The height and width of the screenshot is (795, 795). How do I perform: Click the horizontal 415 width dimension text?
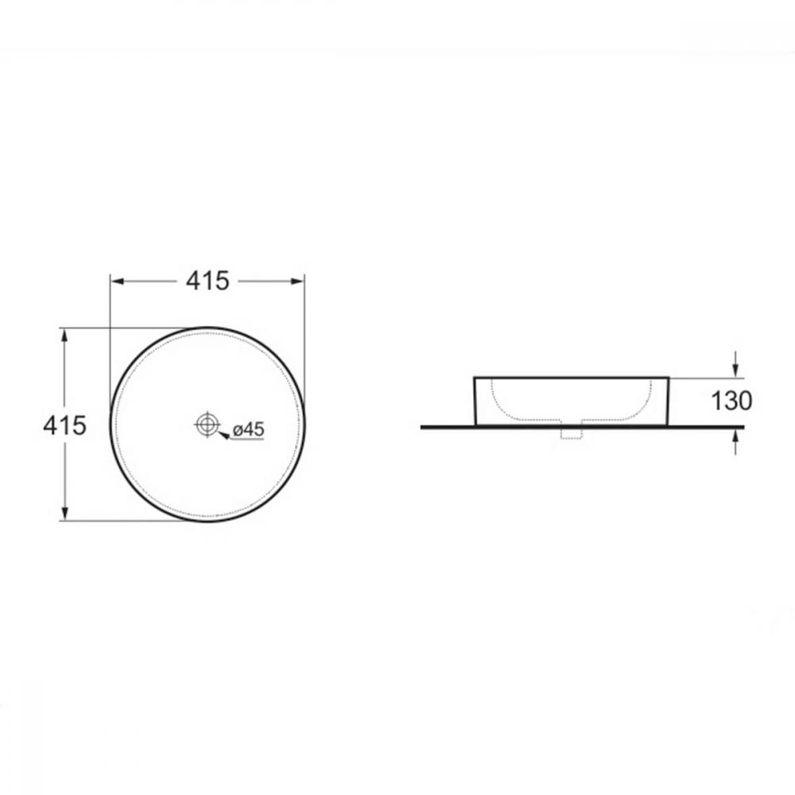click(x=207, y=281)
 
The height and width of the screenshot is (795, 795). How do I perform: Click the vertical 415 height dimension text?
click(x=64, y=425)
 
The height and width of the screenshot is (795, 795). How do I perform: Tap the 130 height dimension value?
click(x=731, y=401)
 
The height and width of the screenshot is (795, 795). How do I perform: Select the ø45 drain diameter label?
click(x=248, y=429)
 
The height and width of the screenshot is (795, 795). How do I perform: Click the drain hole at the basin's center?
click(x=207, y=424)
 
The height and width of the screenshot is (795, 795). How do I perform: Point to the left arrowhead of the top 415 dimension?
click(x=118, y=281)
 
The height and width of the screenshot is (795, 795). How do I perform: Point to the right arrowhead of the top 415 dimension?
click(x=297, y=281)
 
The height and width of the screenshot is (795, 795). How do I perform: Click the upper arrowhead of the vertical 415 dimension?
click(x=64, y=335)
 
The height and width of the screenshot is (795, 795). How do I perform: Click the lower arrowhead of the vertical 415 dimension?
click(x=64, y=513)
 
